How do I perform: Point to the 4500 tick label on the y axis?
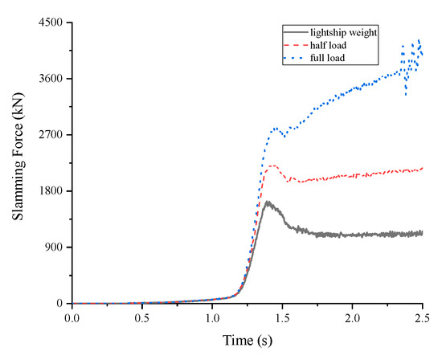(50, 22)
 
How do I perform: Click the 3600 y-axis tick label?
(50, 79)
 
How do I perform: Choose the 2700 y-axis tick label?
(50, 135)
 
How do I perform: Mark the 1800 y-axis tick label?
(50, 191)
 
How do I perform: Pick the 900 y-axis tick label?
(53, 247)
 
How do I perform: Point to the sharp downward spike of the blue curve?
(406, 95)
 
